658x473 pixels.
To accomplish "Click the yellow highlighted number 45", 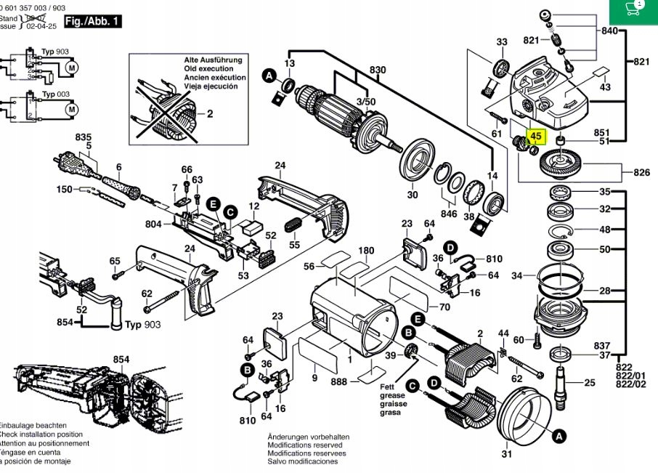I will (537, 135).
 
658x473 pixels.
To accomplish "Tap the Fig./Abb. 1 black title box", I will (92, 22).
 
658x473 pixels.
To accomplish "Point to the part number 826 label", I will (641, 172).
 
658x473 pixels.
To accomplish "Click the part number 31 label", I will (506, 455).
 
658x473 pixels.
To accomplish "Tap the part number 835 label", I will (83, 137).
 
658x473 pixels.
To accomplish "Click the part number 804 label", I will (153, 225).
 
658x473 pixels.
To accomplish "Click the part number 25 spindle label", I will (589, 382).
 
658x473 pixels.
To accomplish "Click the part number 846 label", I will (450, 215).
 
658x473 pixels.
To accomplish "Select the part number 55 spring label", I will (294, 246).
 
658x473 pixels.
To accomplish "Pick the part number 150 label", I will (65, 190).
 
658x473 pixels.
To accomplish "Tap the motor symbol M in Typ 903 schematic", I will (71, 68).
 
